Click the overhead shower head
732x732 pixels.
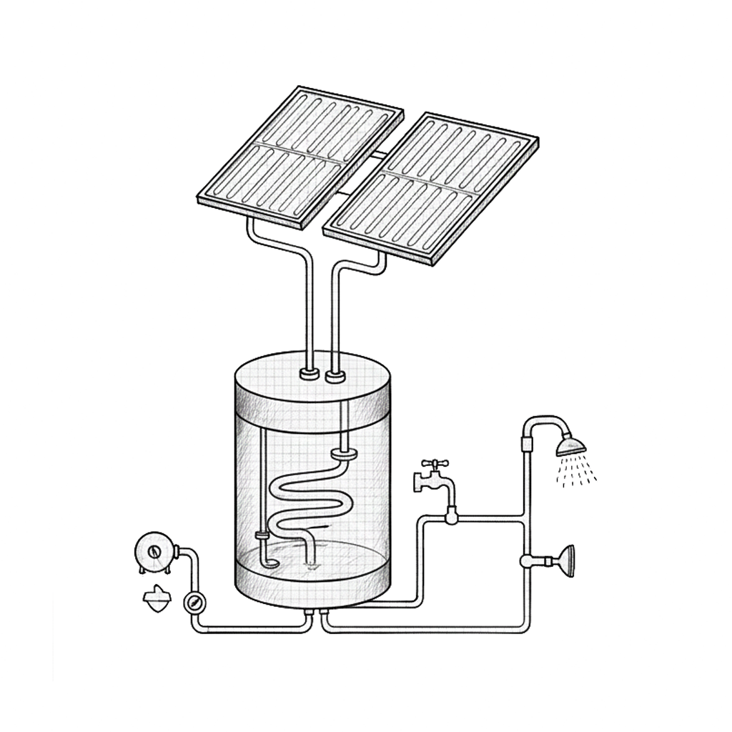pyautogui.click(x=570, y=445)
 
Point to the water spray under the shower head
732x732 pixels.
pyautogui.click(x=576, y=472)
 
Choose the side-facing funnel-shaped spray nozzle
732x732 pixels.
pyautogui.click(x=565, y=559)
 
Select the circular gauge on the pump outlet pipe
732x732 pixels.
pyautogui.click(x=193, y=602)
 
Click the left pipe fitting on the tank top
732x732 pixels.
pyautogui.click(x=310, y=373)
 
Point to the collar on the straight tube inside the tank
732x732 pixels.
pyautogui.click(x=262, y=535)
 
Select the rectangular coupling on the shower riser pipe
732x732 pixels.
pyautogui.click(x=528, y=443)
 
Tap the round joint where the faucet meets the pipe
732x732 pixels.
pyautogui.click(x=451, y=515)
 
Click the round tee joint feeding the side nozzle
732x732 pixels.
pyautogui.click(x=528, y=560)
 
